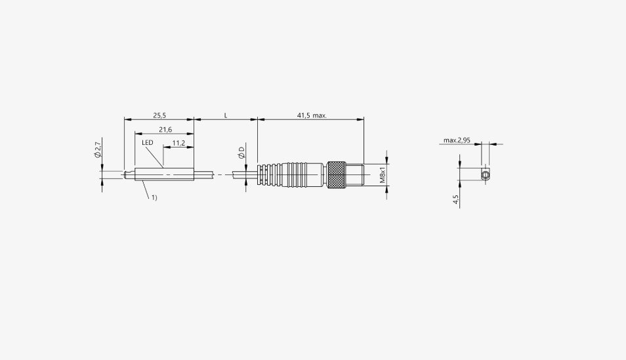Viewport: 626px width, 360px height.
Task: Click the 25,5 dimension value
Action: pos(159,116)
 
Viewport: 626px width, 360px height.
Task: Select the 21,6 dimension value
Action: pos(165,129)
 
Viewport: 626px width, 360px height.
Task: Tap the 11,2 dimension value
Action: pos(178,143)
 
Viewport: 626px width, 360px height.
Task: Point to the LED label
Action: pos(148,142)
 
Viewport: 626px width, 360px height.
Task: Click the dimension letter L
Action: pos(226,116)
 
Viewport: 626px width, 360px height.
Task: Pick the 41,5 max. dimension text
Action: pos(312,116)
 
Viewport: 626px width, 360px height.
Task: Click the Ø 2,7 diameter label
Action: pos(97,149)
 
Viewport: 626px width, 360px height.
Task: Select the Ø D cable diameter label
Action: pos(241,153)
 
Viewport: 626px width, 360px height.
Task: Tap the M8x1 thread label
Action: pos(383,175)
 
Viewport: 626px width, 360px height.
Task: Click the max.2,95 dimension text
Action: pos(457,140)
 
